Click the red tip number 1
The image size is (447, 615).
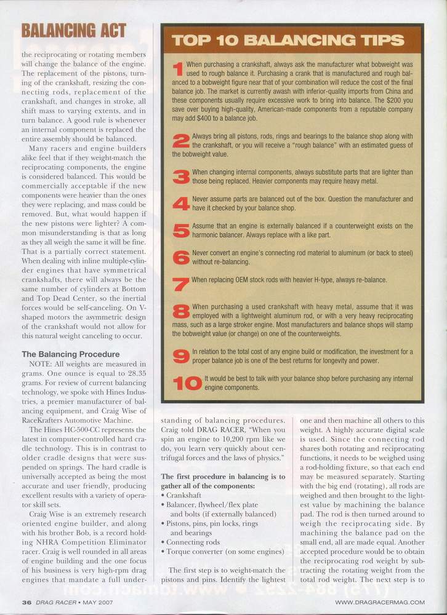coord(178,68)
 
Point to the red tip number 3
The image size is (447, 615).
coord(180,177)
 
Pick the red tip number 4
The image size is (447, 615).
coord(180,204)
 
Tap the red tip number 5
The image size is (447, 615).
coord(180,230)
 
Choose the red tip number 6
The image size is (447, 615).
coord(180,256)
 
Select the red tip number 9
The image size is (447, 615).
coord(180,355)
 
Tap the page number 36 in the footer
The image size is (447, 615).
coord(26,601)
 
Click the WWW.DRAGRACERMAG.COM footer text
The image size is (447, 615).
coord(380,601)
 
